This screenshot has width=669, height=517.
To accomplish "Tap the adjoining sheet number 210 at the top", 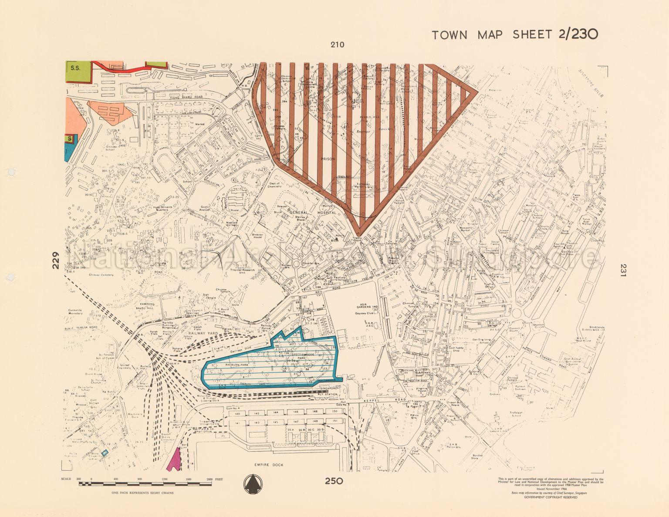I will point(337,44).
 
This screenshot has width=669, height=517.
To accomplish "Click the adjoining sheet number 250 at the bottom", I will point(334,481).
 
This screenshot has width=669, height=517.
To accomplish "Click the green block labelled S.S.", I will point(78,71).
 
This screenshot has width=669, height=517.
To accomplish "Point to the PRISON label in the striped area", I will point(328,159).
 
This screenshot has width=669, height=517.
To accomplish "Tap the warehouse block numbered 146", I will point(296,412).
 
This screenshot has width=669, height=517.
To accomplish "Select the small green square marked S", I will point(69,139).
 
